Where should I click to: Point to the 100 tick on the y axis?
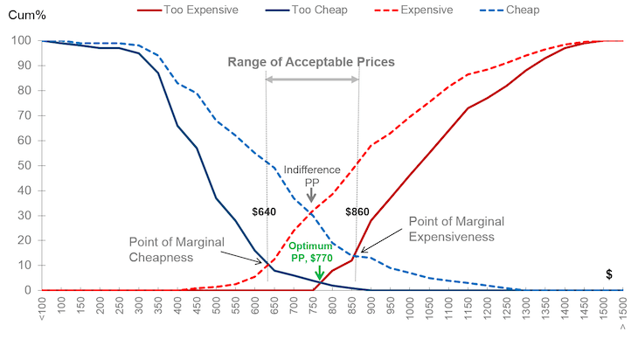pyautogui.click(x=20, y=40)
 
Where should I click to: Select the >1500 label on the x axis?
pyautogui.click(x=623, y=314)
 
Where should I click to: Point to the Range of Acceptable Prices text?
pyautogui.click(x=311, y=62)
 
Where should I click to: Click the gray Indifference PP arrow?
pyautogui.click(x=311, y=197)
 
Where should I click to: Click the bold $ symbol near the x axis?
pyautogui.click(x=608, y=274)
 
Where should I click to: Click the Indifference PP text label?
pyautogui.click(x=311, y=175)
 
